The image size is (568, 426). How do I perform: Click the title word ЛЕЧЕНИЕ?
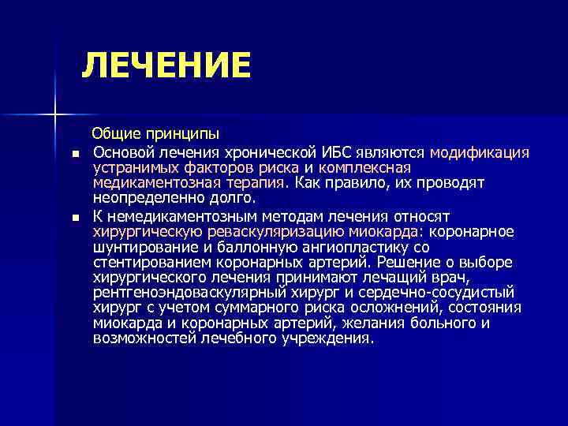[166, 65]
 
